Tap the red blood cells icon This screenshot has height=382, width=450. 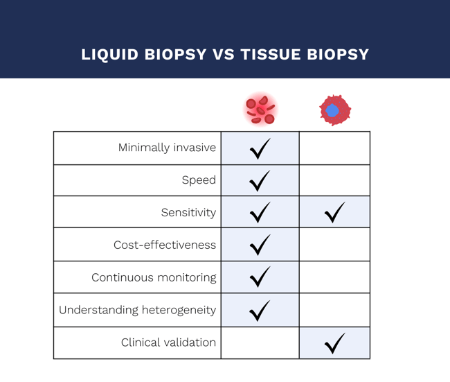260,110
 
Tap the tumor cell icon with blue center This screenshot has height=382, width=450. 334,110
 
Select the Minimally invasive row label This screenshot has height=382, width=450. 167,148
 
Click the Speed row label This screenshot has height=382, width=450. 199,180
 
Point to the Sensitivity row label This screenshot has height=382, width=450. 188,212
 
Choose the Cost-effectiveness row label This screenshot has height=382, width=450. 165,245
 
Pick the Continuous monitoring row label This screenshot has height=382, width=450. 154,277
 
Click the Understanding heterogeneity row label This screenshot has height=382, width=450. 137,310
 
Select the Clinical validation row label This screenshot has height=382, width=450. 168,342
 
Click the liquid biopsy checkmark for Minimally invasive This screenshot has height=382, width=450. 260,148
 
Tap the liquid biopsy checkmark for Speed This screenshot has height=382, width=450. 260,180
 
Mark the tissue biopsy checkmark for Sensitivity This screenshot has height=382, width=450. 334,212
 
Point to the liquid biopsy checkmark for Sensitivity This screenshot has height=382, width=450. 260,212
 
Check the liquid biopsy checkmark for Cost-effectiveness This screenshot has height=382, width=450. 260,245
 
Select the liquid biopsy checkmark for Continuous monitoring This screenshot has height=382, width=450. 260,277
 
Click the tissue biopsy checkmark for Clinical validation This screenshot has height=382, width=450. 334,342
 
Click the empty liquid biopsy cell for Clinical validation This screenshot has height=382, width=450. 260,342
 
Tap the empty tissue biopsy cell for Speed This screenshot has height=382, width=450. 334,180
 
